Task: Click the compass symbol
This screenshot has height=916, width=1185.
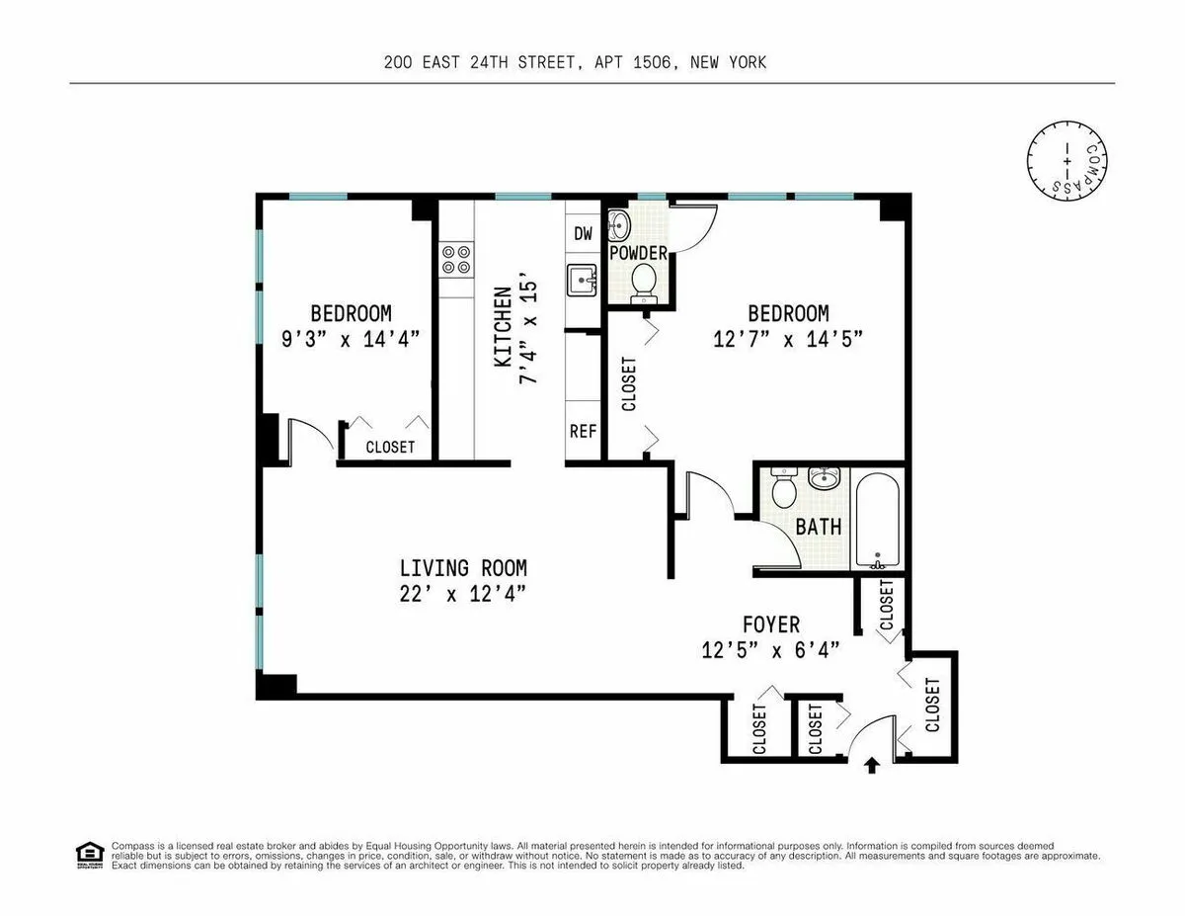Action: coord(1066,158)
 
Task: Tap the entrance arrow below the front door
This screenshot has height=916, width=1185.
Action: coord(871,764)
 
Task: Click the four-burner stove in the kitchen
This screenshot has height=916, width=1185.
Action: coord(455,259)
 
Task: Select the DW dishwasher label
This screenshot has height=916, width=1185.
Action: coord(583,233)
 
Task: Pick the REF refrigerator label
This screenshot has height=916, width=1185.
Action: coord(583,431)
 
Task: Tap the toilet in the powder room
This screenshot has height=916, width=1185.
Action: coord(644,281)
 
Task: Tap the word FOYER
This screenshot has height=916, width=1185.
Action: coord(771,625)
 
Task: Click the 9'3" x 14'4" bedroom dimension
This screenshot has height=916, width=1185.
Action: coord(351,338)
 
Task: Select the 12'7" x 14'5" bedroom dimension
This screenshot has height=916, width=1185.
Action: coord(788,338)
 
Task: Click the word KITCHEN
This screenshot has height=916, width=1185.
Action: coord(503,327)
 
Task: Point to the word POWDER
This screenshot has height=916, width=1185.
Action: coord(638,253)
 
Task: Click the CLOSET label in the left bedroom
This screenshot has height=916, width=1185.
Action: coord(390,447)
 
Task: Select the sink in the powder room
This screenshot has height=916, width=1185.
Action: coord(618,226)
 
